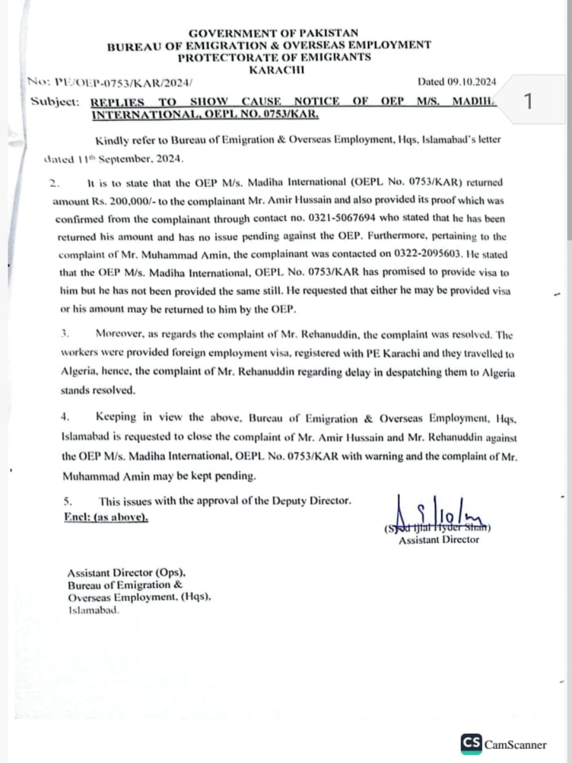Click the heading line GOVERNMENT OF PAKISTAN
(x=273, y=32)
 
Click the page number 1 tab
(x=527, y=101)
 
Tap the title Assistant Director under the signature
(x=439, y=540)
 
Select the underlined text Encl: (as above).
(x=106, y=517)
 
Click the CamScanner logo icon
(x=471, y=743)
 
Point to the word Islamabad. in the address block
(x=93, y=609)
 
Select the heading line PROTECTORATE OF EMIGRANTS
(x=274, y=57)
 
